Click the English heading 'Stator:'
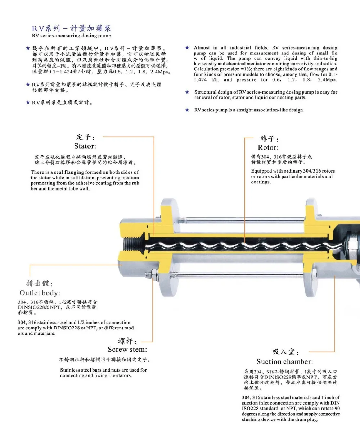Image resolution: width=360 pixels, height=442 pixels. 85,146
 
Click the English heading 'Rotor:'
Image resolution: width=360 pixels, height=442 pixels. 268,147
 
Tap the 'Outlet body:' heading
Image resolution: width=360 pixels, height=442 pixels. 40,293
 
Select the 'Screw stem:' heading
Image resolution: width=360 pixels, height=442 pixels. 127,350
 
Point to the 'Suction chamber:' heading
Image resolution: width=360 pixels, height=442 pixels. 285,362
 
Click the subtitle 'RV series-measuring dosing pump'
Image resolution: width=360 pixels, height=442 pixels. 71,36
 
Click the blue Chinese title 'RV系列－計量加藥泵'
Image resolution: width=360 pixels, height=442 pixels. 71,28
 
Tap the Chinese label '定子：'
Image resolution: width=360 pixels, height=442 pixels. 86,137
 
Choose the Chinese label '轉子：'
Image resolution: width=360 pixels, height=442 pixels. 269,138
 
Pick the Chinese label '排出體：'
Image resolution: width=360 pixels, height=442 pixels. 40,283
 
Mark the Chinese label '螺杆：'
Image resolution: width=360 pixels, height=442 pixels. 127,341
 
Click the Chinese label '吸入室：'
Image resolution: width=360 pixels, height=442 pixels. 285,352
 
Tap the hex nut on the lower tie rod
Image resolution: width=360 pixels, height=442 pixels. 154,275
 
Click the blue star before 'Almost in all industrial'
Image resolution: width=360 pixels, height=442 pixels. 187,48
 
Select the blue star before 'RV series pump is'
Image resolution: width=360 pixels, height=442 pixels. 187,110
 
